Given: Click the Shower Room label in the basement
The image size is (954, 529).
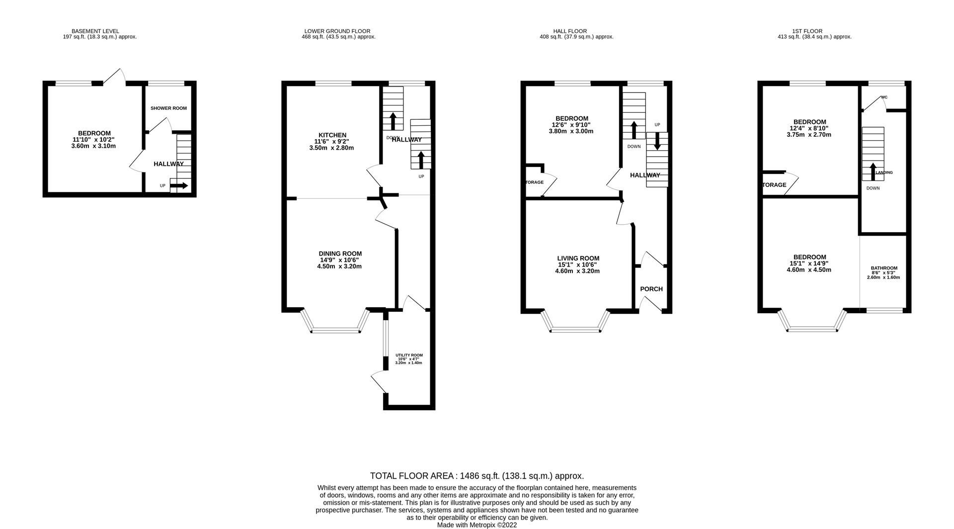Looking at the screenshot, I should pyautogui.click(x=168, y=108).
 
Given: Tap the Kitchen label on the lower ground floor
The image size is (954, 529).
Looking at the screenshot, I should pyautogui.click(x=332, y=135).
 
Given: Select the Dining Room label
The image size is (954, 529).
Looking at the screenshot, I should pyautogui.click(x=340, y=254).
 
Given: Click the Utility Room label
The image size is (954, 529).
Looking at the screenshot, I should pyautogui.click(x=409, y=355).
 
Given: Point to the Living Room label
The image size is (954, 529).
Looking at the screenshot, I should pyautogui.click(x=578, y=258).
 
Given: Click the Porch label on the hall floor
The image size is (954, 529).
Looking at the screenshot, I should pyautogui.click(x=651, y=289).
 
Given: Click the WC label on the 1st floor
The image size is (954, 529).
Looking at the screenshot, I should pyautogui.click(x=884, y=97).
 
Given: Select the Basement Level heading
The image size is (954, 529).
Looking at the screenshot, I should pyautogui.click(x=95, y=31).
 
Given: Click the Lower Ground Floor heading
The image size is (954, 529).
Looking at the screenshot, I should pyautogui.click(x=337, y=31).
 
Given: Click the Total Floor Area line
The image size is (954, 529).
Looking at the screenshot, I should pyautogui.click(x=477, y=476).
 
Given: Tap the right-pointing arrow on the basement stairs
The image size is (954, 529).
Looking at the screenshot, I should pyautogui.click(x=179, y=186).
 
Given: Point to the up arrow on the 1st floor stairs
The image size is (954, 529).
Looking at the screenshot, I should pyautogui.click(x=873, y=171).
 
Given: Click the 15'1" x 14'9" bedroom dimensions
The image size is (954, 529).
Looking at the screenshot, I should pyautogui.click(x=809, y=264).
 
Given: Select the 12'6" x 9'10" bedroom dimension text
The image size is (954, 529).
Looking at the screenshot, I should pyautogui.click(x=570, y=125).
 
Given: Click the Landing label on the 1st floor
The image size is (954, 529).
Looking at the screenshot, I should pyautogui.click(x=884, y=173).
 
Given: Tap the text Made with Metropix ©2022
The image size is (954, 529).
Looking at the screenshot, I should pyautogui.click(x=477, y=525).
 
